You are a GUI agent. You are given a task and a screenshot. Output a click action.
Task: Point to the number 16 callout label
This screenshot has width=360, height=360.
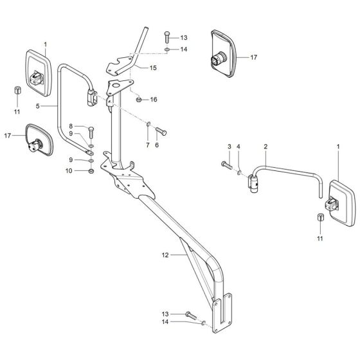(x=154, y=100)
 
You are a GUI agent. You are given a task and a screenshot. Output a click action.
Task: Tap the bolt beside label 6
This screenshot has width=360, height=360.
(x=160, y=132)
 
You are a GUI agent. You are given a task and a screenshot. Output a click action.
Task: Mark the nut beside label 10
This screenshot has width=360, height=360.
(x=91, y=172)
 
